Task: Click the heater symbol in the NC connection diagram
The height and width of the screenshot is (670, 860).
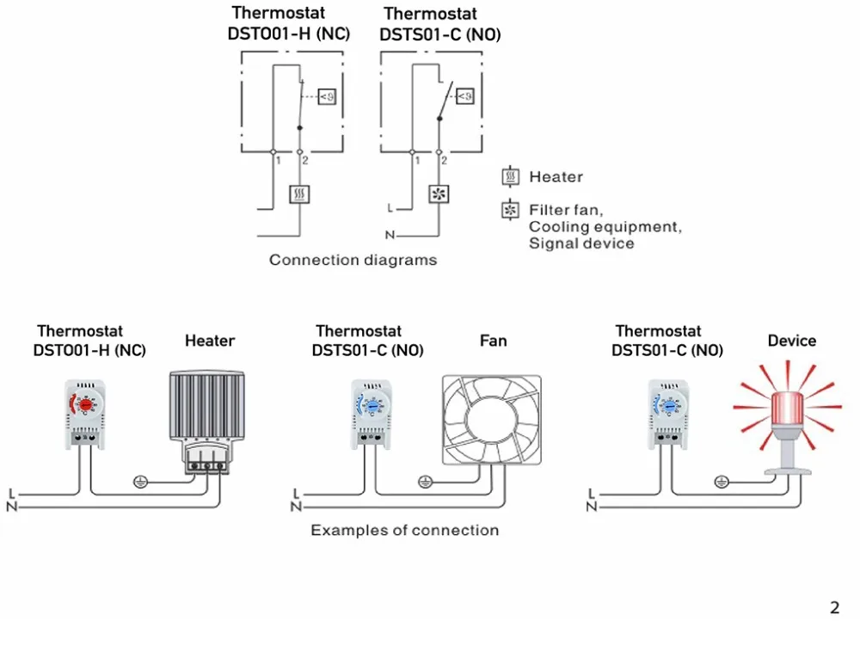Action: click(x=299, y=194)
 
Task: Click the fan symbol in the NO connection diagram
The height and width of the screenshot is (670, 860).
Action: click(x=439, y=194)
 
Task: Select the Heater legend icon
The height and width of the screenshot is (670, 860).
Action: click(x=511, y=176)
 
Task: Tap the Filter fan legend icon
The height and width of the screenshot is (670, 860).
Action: click(x=511, y=210)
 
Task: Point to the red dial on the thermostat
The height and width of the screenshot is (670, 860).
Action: click(x=85, y=405)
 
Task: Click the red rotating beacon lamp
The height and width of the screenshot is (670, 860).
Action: click(x=788, y=418)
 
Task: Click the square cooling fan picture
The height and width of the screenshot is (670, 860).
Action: click(x=491, y=420)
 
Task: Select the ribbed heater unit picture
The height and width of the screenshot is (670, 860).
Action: click(x=207, y=421)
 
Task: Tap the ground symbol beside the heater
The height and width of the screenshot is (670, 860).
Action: click(x=141, y=482)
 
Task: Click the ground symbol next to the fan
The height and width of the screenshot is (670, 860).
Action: click(x=426, y=482)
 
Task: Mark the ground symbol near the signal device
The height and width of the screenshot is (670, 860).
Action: click(x=722, y=482)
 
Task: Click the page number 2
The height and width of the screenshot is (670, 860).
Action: click(x=835, y=607)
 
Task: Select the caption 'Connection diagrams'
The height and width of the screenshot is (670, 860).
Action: click(x=353, y=260)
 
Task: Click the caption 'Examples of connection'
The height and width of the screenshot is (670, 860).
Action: click(x=405, y=530)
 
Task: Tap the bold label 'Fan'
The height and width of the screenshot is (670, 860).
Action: click(x=493, y=341)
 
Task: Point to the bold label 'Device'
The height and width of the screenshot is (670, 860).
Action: click(x=791, y=341)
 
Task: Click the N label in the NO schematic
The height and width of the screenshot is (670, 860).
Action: click(x=390, y=235)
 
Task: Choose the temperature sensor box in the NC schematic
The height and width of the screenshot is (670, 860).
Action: click(x=327, y=96)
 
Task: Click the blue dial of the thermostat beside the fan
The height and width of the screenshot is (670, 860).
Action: click(x=372, y=406)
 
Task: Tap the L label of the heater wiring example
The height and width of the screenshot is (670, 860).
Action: click(x=12, y=494)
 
